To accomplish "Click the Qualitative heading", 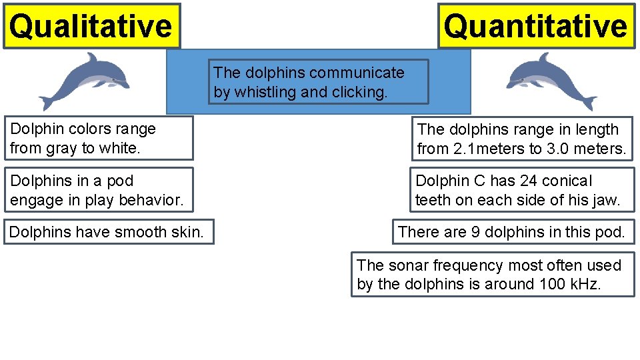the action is [x=91, y=27].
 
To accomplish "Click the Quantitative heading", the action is [x=536, y=27].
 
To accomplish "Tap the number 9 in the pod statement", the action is [x=475, y=232].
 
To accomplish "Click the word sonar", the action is [x=403, y=265].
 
